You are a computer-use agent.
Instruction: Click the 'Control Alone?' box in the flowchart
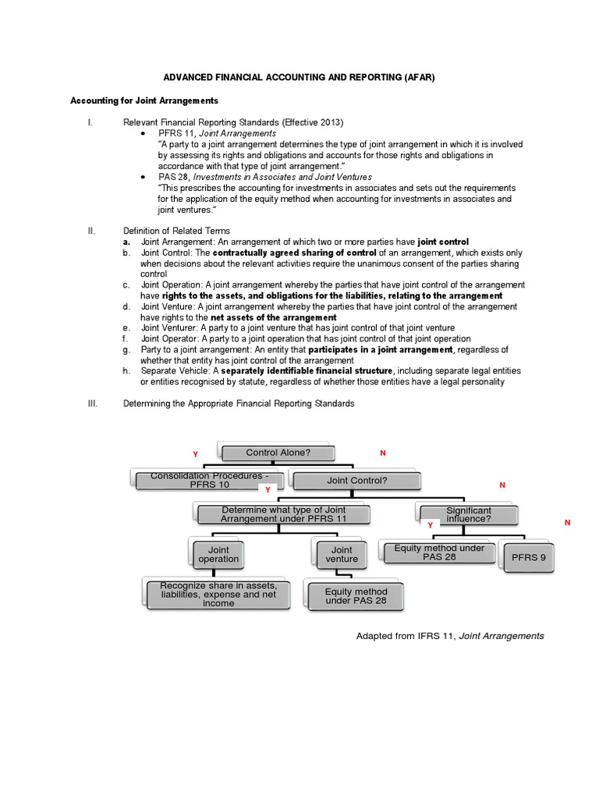coord(278,453)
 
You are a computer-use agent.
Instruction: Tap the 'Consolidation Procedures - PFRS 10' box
coord(211,480)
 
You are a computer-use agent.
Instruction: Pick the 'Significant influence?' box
coord(469,514)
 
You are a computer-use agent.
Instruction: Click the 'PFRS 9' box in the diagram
coord(527,558)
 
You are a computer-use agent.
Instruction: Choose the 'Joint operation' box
coord(218,554)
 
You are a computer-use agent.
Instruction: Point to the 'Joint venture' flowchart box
coord(342,554)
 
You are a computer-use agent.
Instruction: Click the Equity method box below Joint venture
coord(356,596)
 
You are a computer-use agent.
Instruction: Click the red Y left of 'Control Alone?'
coord(196,454)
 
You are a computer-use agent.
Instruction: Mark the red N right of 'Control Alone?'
coord(383,453)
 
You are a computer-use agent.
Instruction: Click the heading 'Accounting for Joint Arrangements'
coord(144,101)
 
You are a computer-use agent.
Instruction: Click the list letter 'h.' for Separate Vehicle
coord(126,371)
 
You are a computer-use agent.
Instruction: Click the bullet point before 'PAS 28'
coord(144,178)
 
